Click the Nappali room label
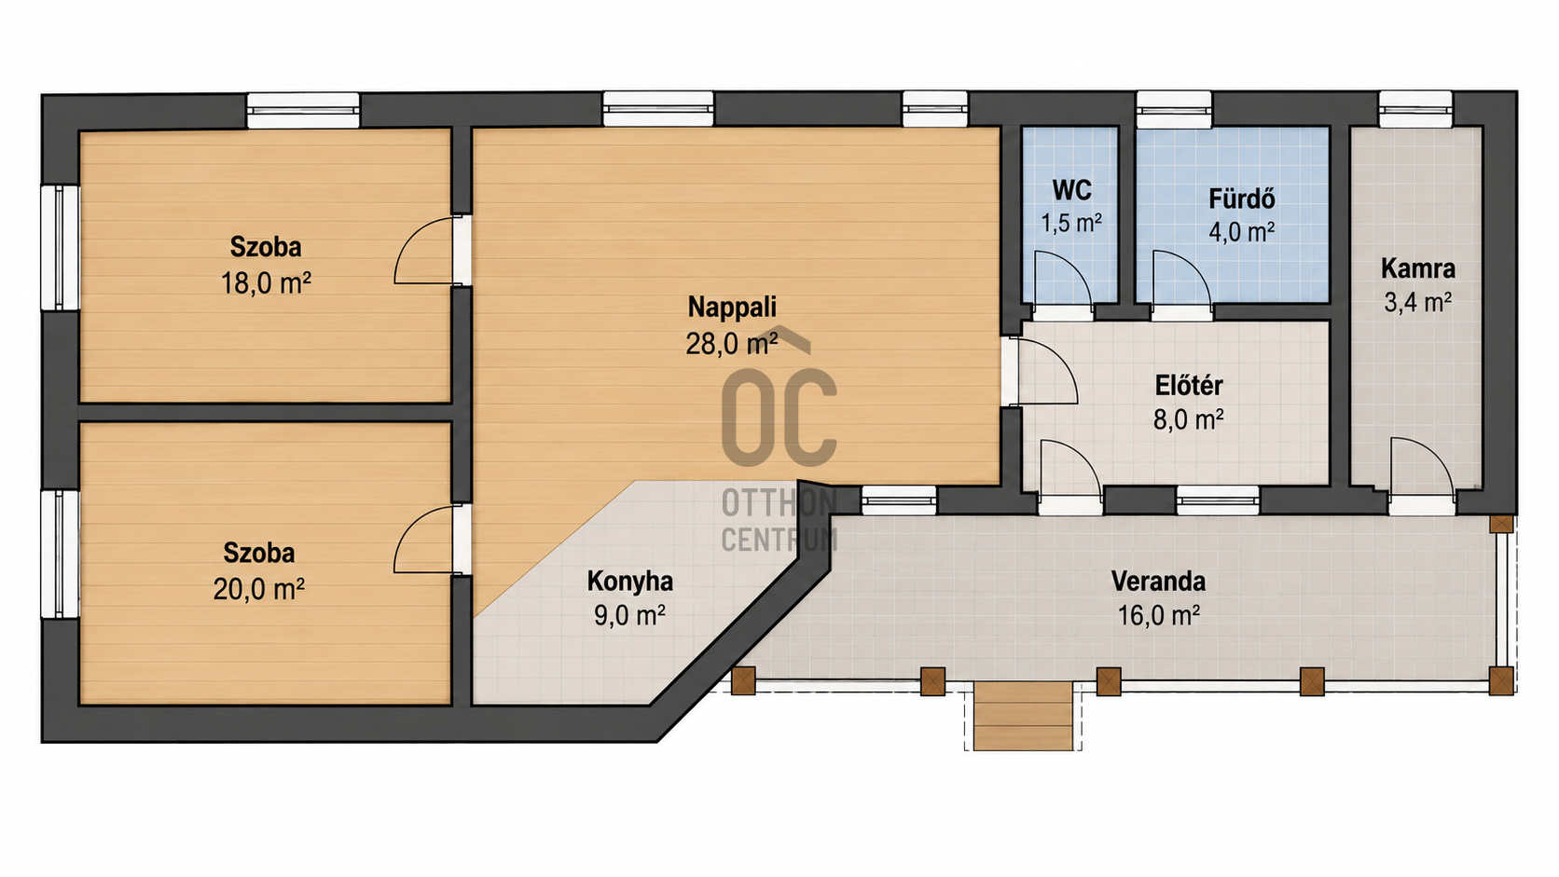(x=731, y=307)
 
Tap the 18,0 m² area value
(x=265, y=283)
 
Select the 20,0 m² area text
(x=259, y=589)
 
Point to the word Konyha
(x=630, y=582)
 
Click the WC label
(x=1071, y=190)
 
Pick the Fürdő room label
(x=1242, y=199)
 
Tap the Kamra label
(x=1417, y=268)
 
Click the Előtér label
(x=1189, y=385)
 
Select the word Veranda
(x=1158, y=582)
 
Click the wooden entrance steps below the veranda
(x=1023, y=716)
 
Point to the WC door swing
(x=1062, y=279)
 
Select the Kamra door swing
(x=1422, y=467)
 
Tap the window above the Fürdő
(x=1174, y=110)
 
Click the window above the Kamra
(x=1415, y=110)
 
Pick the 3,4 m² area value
(x=1417, y=303)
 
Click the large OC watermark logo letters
(x=779, y=416)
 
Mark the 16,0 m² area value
(x=1158, y=615)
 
